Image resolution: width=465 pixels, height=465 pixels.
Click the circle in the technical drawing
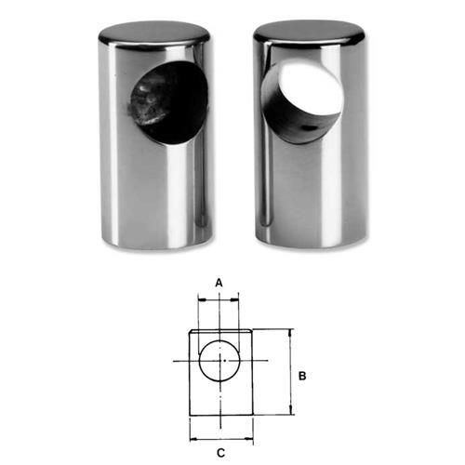pos(219,360)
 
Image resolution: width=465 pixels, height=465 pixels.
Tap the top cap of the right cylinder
pos(310,33)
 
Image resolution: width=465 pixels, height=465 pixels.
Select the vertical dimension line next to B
pos(290,372)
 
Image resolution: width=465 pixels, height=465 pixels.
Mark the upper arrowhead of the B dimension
pos(290,332)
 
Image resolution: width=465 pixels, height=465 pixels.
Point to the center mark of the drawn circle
pos(219,360)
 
